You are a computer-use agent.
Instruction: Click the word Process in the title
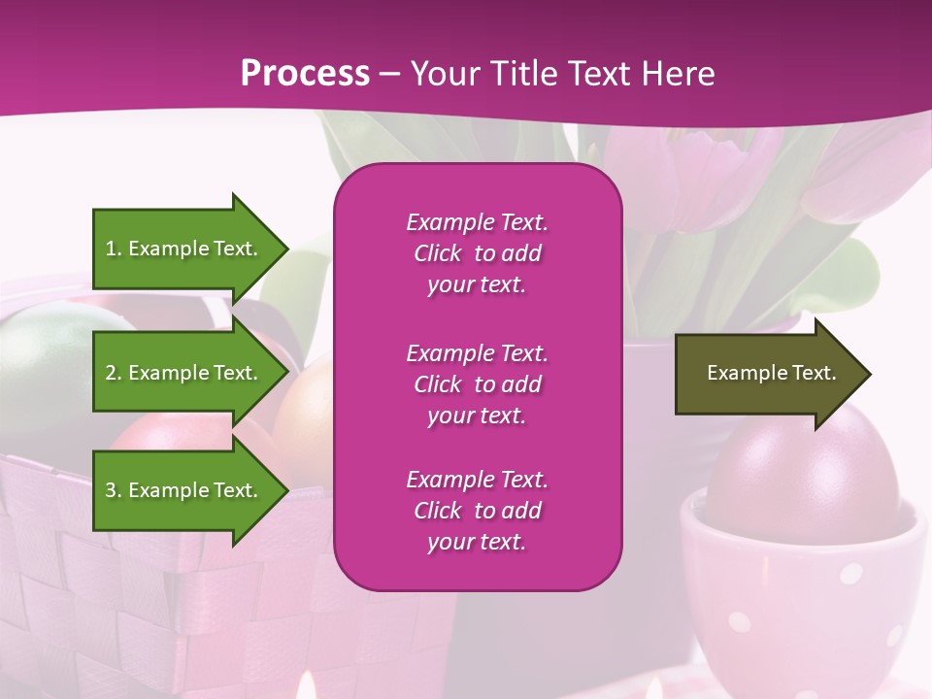tap(305, 74)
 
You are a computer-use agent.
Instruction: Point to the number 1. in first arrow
tap(114, 249)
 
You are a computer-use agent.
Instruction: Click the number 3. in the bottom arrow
tap(114, 490)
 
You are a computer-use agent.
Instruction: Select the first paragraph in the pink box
tap(477, 253)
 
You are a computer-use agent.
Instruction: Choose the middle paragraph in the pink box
tap(477, 384)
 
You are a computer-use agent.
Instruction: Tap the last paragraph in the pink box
tap(477, 511)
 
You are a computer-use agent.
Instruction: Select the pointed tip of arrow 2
tap(285, 373)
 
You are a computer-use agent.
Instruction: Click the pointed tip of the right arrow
tap(868, 374)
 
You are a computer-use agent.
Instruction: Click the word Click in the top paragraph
tap(438, 253)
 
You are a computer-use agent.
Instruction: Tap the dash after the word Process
tap(389, 74)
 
